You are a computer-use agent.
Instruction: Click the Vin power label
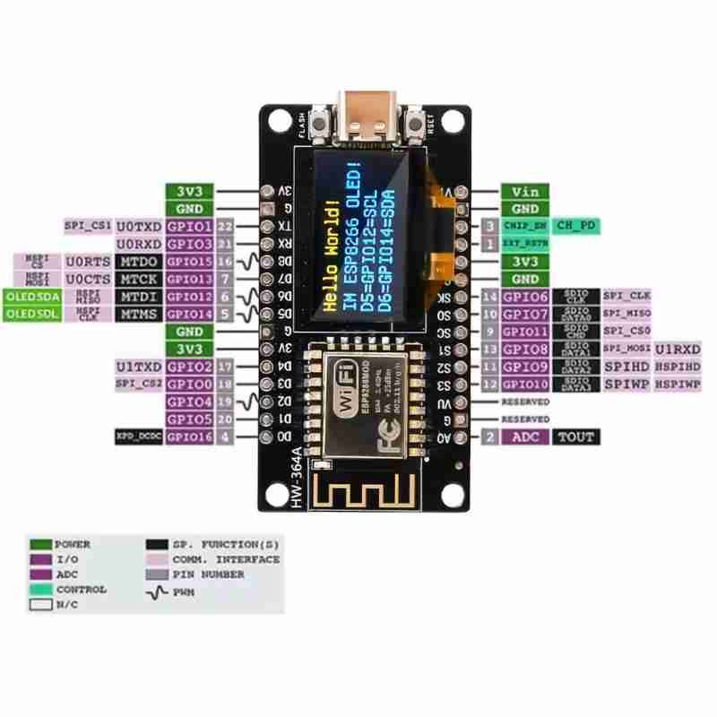pyautogui.click(x=523, y=191)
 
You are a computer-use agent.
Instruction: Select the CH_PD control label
pyautogui.click(x=575, y=226)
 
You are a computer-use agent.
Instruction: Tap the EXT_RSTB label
pyautogui.click(x=523, y=244)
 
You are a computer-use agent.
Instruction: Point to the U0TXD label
pyautogui.click(x=139, y=226)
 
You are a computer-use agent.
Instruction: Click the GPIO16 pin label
pyautogui.click(x=189, y=436)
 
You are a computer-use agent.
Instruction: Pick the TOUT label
pyautogui.click(x=575, y=436)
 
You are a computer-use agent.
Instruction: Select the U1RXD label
pyautogui.click(x=678, y=349)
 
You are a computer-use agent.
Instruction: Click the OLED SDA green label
pyautogui.click(x=33, y=296)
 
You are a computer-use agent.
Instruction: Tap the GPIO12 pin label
pyautogui.click(x=189, y=296)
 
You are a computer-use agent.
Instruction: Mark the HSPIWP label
pyautogui.click(x=678, y=384)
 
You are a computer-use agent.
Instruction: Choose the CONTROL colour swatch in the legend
pyautogui.click(x=40, y=590)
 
